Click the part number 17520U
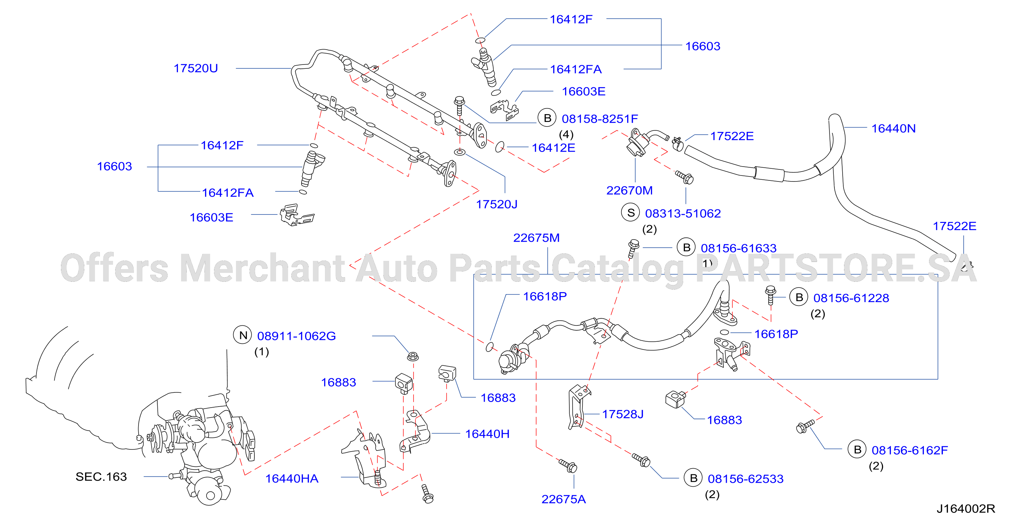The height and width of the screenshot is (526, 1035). point(196,68)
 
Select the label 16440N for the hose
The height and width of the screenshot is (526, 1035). point(893,129)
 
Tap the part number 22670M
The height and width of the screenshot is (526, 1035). point(629,190)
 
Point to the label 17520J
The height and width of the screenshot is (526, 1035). point(497,205)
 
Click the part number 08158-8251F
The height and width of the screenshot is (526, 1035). point(600,119)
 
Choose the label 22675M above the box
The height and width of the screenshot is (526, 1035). point(536,238)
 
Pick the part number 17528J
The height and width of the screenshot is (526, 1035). point(623,414)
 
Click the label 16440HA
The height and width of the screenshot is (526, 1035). point(292,479)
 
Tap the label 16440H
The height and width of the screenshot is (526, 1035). point(487,434)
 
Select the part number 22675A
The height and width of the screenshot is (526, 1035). point(563,499)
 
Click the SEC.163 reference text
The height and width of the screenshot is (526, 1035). point(101,477)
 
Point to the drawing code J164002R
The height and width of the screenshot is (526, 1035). point(966,509)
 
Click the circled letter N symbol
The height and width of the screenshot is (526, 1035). point(243,335)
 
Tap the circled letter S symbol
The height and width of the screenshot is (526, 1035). point(631,213)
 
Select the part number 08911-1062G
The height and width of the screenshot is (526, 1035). point(297,336)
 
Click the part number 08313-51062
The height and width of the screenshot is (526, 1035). point(683,213)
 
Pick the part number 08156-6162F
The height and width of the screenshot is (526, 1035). point(910,451)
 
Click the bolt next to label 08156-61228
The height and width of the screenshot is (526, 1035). point(771,296)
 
